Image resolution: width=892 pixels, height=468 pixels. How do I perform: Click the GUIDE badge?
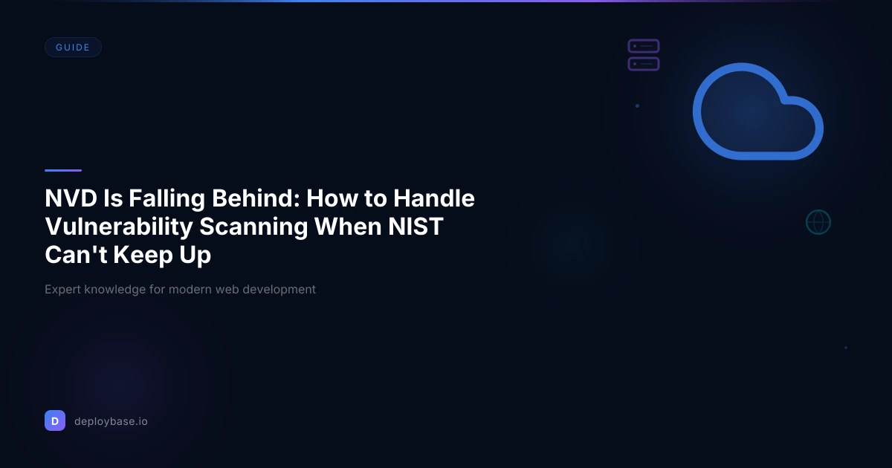pyautogui.click(x=73, y=48)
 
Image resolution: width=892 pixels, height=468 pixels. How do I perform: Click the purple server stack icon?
pyautogui.click(x=644, y=55)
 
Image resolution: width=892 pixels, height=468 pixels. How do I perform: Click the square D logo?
pyautogui.click(x=55, y=420)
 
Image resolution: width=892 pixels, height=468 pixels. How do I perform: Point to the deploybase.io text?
pyautogui.click(x=111, y=421)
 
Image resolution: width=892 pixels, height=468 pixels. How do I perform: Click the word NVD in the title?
pyautogui.click(x=71, y=198)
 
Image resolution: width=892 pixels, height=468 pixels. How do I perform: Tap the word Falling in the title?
pyautogui.click(x=167, y=199)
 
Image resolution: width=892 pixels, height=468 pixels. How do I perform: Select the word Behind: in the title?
pyautogui.click(x=256, y=198)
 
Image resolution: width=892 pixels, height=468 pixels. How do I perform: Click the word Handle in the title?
pyautogui.click(x=433, y=198)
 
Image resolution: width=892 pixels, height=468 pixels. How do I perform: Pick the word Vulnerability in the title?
pyautogui.click(x=119, y=227)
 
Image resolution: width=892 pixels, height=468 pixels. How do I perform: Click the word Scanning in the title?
pyautogui.click(x=253, y=227)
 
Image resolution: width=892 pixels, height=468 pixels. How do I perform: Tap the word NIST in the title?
pyautogui.click(x=416, y=227)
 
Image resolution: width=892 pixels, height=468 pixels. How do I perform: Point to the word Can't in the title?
pyautogui.click(x=76, y=255)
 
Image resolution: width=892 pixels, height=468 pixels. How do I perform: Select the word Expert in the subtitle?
pyautogui.click(x=62, y=290)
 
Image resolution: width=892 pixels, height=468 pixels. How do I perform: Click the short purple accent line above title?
pyautogui.click(x=63, y=170)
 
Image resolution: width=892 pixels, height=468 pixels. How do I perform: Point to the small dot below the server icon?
pyautogui.click(x=637, y=105)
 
